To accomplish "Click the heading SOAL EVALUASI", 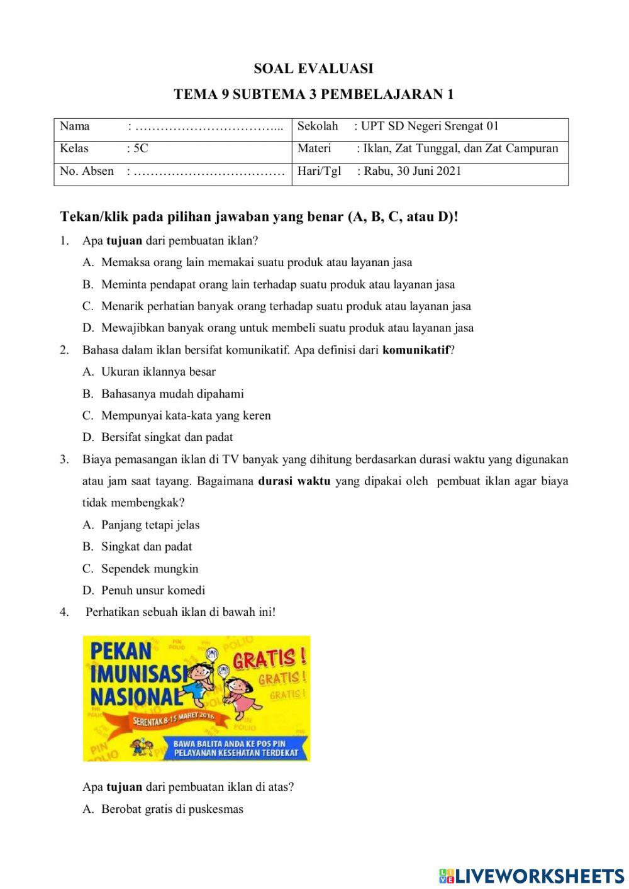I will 313,68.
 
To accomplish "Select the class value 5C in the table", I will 141,148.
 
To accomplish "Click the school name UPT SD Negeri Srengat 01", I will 430,126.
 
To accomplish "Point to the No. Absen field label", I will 87,171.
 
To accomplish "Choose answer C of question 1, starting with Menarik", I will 286,306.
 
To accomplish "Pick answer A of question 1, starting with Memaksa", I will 257,262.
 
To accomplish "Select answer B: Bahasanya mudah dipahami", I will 172,394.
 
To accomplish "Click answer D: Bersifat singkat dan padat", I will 167,437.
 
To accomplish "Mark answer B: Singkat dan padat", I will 147,547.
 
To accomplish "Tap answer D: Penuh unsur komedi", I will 153,590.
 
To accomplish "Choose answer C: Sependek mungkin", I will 150,569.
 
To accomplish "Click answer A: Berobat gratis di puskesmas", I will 172,809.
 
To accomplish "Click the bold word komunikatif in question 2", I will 416,350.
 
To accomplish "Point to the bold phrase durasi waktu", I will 294,481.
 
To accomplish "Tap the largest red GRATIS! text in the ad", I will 270,659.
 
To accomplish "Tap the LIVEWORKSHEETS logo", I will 532,876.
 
